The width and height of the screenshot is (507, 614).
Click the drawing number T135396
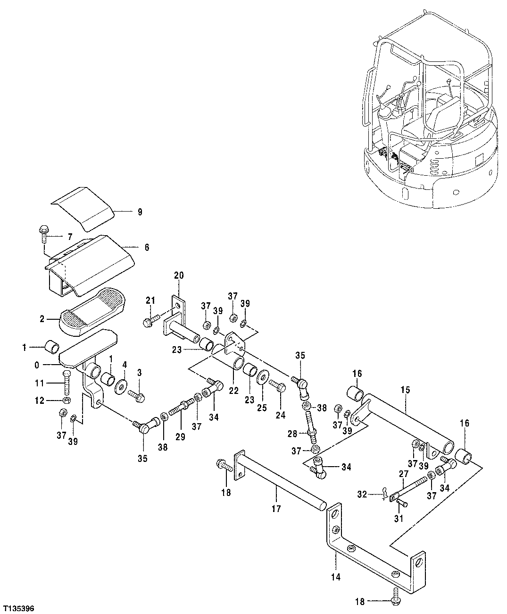click(18, 607)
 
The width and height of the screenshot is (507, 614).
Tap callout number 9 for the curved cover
click(140, 212)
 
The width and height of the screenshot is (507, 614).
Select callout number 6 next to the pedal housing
click(147, 247)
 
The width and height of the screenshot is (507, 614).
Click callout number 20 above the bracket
click(179, 275)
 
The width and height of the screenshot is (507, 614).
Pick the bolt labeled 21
click(147, 322)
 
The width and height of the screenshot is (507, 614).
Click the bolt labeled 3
click(138, 396)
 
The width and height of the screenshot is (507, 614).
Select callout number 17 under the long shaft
click(276, 509)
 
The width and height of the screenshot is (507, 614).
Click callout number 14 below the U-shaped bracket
click(336, 577)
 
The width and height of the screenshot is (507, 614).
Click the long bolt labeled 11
click(66, 382)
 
